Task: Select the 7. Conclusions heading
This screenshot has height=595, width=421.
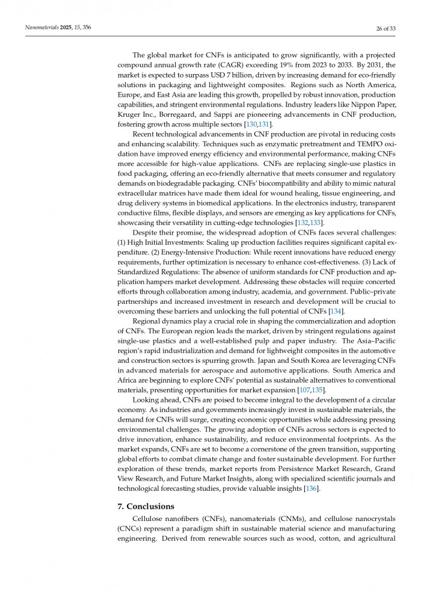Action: pyautogui.click(x=146, y=506)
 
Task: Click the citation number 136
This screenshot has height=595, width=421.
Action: pyautogui.click(x=311, y=489)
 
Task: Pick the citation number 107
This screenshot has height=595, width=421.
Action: pyautogui.click(x=304, y=390)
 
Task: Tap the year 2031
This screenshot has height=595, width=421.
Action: pyautogui.click(x=376, y=65)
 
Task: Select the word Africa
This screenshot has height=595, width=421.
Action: pyautogui.click(x=131, y=380)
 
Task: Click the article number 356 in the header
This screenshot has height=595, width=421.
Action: pyautogui.click(x=86, y=28)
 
